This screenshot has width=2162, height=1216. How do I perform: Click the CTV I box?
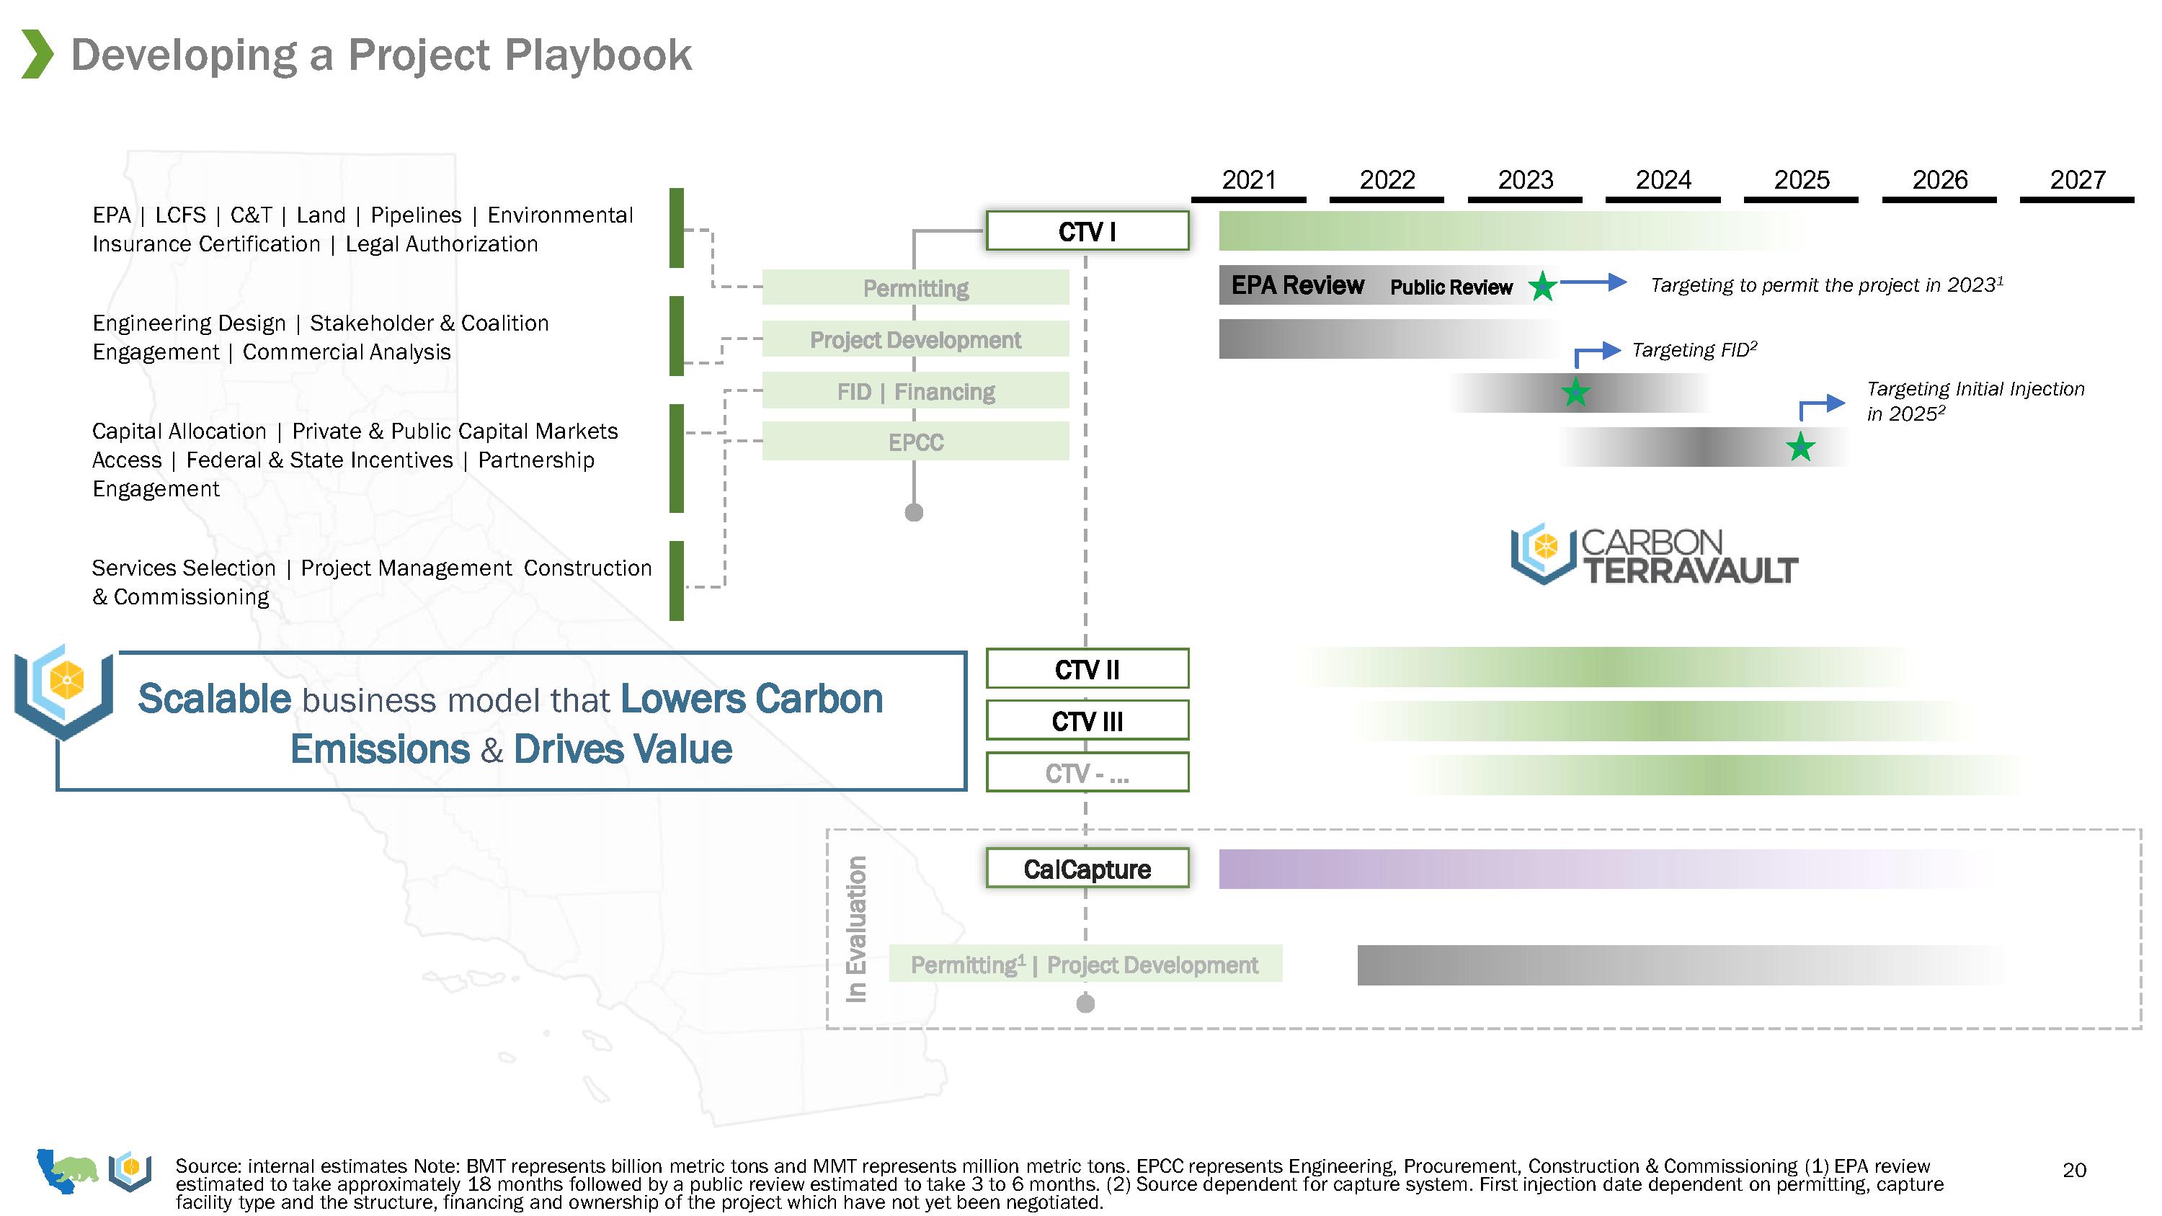1087,231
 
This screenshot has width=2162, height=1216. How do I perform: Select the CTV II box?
1087,669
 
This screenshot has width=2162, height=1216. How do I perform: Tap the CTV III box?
1087,721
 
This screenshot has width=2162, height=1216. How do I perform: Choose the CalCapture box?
1087,869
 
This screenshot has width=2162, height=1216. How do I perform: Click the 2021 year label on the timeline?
1248,180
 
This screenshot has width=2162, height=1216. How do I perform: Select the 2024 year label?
1663,180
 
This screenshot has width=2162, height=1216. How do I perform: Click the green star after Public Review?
1542,287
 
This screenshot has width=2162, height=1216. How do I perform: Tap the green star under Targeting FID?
1575,392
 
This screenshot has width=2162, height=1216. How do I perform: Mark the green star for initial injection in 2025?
1800,447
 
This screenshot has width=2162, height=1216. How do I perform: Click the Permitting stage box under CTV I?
916,288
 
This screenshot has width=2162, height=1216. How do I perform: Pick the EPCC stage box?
916,442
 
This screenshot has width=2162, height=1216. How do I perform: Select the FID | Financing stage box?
916,391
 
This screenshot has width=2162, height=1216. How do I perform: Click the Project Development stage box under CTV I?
916,340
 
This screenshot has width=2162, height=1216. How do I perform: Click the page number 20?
2074,1170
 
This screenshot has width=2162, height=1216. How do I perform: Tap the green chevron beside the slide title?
37,55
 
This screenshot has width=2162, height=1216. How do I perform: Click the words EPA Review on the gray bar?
1297,285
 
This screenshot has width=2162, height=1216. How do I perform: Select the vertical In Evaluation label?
856,929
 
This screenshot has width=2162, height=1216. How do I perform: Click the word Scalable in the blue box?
214,699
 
